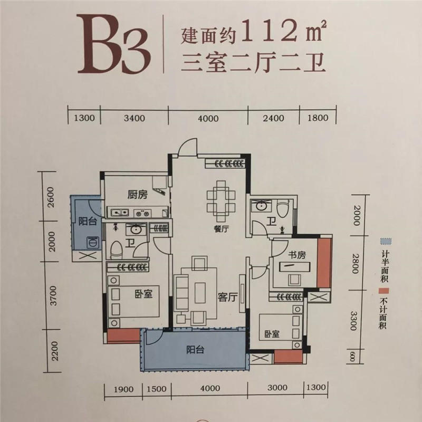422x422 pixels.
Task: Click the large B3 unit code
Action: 113,44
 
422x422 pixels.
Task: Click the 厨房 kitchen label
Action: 138,194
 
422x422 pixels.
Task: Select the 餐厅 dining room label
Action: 221,229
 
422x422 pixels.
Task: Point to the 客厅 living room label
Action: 227,297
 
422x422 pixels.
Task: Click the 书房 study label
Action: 297,255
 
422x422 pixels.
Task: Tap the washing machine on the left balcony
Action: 93,242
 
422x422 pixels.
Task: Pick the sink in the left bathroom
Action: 136,229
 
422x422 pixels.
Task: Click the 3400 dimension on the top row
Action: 135,118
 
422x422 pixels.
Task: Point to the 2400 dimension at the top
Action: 273,118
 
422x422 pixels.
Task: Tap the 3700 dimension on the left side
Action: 54,295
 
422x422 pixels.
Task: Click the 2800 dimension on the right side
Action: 355,263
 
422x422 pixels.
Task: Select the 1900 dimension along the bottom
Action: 123,389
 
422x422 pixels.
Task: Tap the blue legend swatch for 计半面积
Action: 386,241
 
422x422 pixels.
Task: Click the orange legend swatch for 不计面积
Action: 383,291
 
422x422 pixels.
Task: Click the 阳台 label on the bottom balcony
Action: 195,350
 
